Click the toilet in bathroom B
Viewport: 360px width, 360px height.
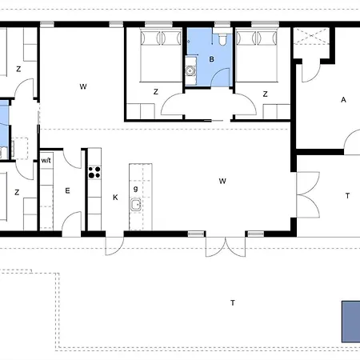coord(222,38)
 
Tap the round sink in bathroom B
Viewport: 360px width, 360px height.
coord(190,71)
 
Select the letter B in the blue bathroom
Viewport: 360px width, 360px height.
coord(211,59)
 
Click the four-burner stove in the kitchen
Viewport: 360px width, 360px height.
coord(94,172)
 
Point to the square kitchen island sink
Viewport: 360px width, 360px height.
coord(136,205)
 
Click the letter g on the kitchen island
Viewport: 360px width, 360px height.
coord(136,189)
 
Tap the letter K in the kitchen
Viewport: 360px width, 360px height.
coord(115,198)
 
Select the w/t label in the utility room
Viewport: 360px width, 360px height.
coord(46,161)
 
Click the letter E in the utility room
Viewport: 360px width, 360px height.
coord(67,190)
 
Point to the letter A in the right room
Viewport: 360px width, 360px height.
coord(343,100)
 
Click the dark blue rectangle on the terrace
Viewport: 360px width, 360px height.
coord(351,322)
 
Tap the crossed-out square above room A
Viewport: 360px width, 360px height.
coord(311,36)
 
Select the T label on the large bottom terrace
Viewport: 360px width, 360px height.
coord(233,303)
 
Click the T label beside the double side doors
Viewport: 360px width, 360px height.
coord(347,196)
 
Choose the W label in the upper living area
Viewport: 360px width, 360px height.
coord(83,86)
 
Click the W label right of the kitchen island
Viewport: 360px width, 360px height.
coord(222,182)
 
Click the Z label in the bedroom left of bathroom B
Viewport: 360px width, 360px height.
coord(156,92)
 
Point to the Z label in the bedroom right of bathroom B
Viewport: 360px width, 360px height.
coord(265,94)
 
